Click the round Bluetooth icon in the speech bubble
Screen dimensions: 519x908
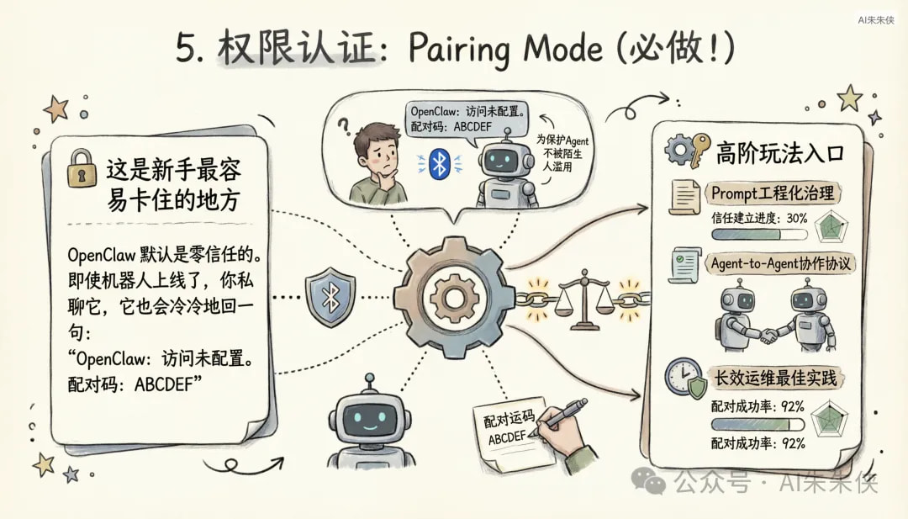pos(439,164)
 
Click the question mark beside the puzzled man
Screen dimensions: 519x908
pos(343,128)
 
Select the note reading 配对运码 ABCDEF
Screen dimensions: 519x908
pos(506,431)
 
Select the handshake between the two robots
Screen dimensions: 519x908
pos(768,335)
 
